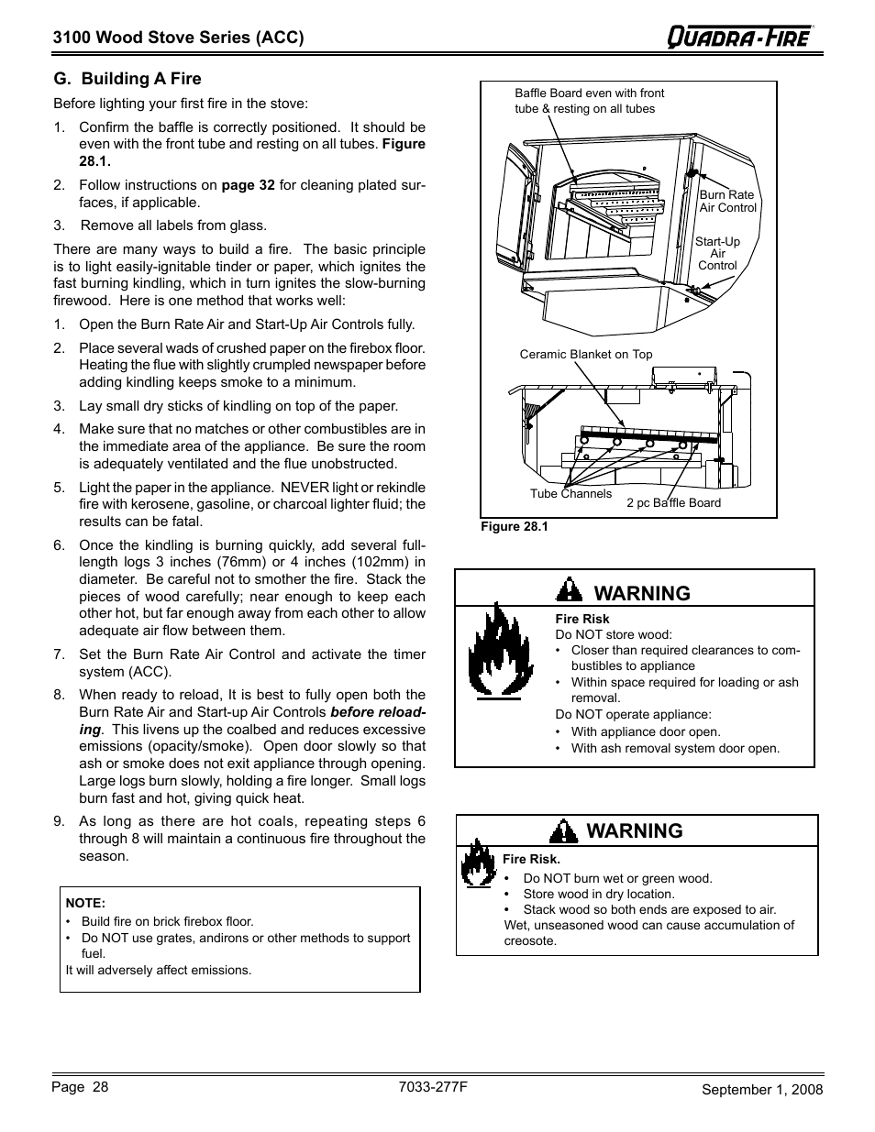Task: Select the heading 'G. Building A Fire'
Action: click(x=127, y=79)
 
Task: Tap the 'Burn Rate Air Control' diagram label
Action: click(x=727, y=201)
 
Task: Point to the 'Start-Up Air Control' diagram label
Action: click(x=717, y=254)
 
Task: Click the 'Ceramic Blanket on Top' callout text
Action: click(x=586, y=355)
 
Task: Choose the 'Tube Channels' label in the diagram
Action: click(x=570, y=493)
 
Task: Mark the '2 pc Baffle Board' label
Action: click(x=673, y=502)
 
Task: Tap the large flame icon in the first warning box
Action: click(x=494, y=650)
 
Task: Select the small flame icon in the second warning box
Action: click(x=477, y=863)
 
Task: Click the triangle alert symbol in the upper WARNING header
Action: click(x=570, y=591)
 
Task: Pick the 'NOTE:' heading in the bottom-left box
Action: click(x=85, y=903)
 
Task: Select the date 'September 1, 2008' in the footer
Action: click(x=762, y=1089)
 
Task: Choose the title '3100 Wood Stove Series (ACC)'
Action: click(x=178, y=37)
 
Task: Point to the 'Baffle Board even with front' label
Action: click(x=589, y=93)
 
